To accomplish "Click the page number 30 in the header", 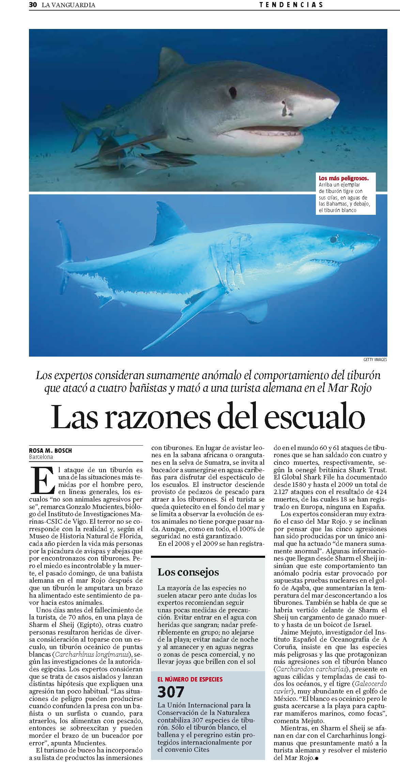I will pyautogui.click(x=33, y=5).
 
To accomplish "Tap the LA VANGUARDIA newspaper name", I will pyautogui.click(x=68, y=5).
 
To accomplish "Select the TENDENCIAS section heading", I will pyautogui.click(x=291, y=5).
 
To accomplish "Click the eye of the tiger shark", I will pyautogui.click(x=233, y=91).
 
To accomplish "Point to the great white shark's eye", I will pyautogui.click(x=333, y=240).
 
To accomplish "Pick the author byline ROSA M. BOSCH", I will pyautogui.click(x=50, y=451).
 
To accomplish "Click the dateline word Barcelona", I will pyautogui.click(x=41, y=457).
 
